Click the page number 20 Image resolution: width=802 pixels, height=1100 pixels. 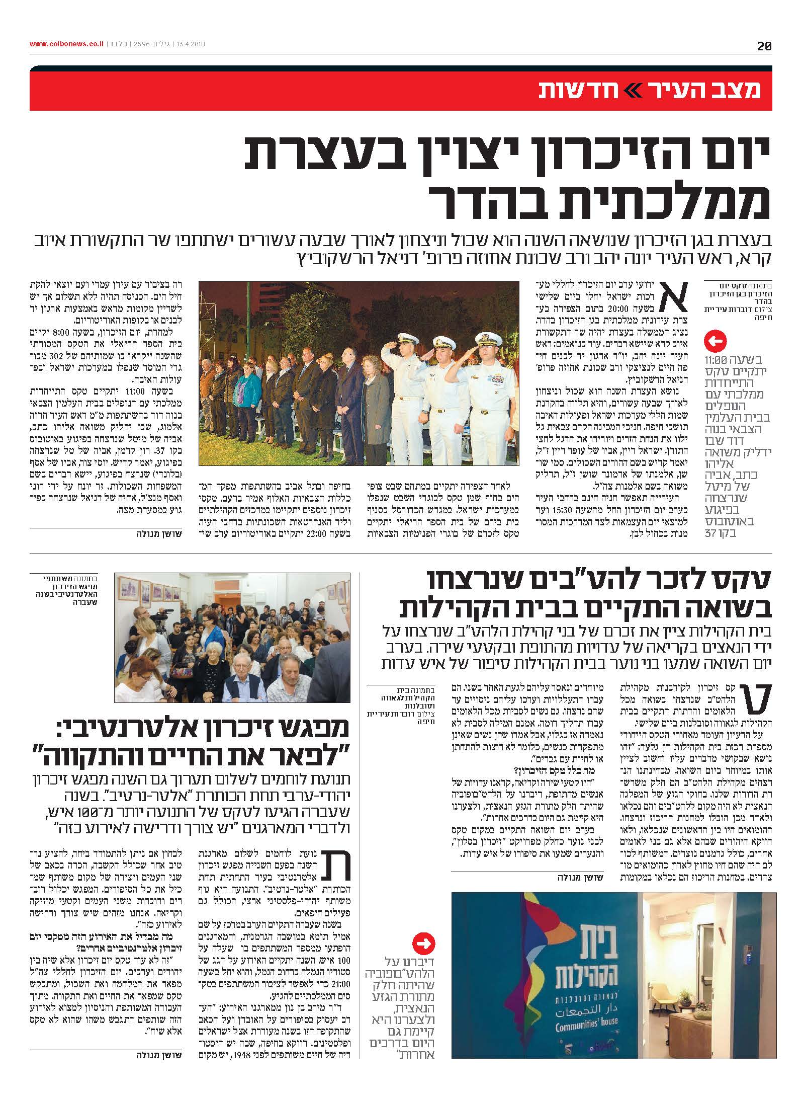(764, 46)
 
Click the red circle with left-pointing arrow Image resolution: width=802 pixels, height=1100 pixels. (716, 342)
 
